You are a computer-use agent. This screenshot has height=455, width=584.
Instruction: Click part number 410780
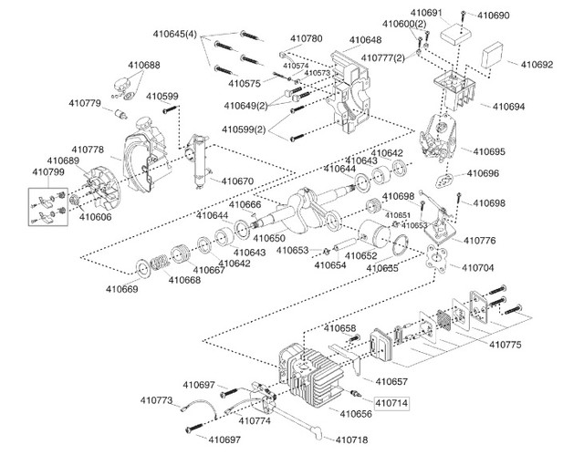(x=306, y=39)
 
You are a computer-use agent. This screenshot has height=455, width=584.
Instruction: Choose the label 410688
(x=143, y=65)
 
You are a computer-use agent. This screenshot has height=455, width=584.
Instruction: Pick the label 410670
(x=237, y=181)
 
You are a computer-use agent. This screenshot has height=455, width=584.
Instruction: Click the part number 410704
(x=478, y=268)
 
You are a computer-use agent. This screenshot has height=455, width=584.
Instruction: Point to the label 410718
(x=351, y=439)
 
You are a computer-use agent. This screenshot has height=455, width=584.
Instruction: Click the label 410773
(x=157, y=400)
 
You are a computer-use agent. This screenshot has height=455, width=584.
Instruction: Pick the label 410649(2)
(x=245, y=105)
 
